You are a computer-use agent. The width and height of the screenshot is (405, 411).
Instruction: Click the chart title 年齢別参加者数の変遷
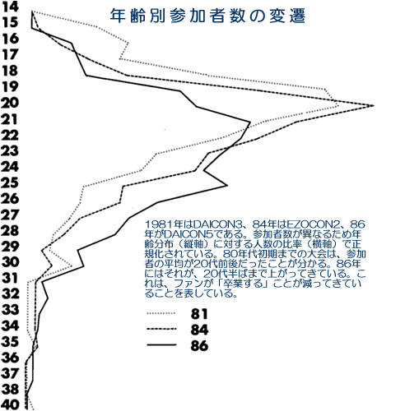pos(207,16)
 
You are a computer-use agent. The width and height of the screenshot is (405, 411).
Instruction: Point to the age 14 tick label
pos(10,7)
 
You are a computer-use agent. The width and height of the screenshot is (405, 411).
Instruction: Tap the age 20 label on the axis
pos(10,103)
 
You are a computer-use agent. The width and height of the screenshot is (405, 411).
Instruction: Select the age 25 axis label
pos(10,182)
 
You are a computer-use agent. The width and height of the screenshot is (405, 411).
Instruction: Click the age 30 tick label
pos(11,262)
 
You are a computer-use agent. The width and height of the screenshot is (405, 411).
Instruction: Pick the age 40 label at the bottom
pos(11,404)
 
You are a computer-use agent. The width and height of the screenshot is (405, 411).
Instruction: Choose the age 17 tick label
pos(10,54)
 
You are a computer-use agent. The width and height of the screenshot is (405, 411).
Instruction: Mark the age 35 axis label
pos(11,341)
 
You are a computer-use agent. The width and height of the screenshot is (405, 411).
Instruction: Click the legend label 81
pos(199,314)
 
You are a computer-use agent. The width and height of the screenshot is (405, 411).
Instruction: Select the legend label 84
pos(199,330)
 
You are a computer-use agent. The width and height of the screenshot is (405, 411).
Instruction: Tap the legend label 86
pos(199,345)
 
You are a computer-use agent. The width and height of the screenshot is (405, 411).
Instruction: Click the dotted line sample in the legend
pos(161,313)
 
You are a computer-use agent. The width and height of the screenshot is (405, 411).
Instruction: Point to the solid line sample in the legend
pos(161,344)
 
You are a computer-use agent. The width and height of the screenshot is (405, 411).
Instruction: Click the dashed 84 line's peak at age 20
pos(374,105)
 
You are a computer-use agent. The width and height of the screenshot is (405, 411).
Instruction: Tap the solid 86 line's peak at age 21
pos(250,122)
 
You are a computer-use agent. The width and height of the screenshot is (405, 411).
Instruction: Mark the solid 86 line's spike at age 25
pos(227,186)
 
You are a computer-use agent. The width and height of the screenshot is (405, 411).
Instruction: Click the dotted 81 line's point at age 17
pos(120,59)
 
